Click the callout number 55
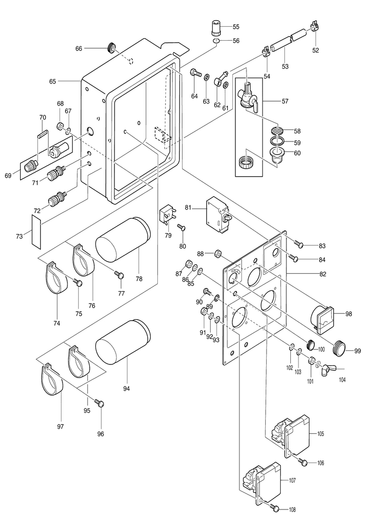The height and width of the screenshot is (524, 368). [x=236, y=27]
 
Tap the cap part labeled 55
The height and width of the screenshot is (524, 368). [x=216, y=26]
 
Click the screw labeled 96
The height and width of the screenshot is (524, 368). [x=101, y=403]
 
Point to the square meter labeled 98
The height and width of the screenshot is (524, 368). [x=321, y=319]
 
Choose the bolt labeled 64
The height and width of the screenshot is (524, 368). [x=194, y=74]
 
